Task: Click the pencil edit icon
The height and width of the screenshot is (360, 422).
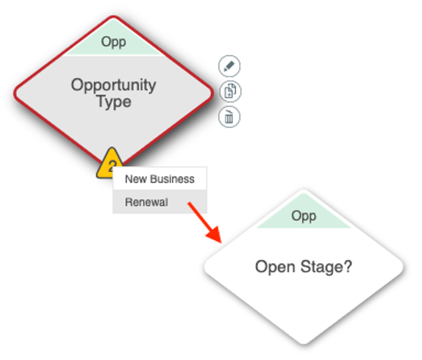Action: click(x=229, y=66)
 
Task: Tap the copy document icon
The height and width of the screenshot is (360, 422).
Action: click(x=230, y=91)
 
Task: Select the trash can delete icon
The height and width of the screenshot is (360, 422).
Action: click(x=229, y=117)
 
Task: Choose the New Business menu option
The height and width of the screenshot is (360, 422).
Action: click(x=160, y=179)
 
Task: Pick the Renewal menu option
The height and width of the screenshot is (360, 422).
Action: click(x=160, y=202)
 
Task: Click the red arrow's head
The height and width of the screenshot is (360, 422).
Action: click(x=215, y=234)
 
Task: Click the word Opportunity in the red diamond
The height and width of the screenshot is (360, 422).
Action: click(x=113, y=86)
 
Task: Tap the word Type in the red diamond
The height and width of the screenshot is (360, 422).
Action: click(x=114, y=102)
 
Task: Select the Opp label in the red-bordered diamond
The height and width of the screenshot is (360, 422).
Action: click(x=113, y=42)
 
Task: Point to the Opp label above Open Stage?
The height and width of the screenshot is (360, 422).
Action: click(x=304, y=217)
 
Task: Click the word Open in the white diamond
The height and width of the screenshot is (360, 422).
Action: click(x=275, y=267)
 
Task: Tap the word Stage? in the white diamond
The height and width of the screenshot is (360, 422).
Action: click(x=326, y=267)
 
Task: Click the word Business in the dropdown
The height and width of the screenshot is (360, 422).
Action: click(x=172, y=179)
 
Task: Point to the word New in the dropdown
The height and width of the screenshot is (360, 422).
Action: click(x=136, y=179)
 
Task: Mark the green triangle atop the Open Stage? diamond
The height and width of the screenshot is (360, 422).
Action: click(x=304, y=212)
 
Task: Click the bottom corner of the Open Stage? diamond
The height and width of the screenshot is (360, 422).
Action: click(x=304, y=344)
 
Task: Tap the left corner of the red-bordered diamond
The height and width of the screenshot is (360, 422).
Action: click(x=15, y=93)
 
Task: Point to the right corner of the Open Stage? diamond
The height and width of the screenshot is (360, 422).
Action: click(x=404, y=267)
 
